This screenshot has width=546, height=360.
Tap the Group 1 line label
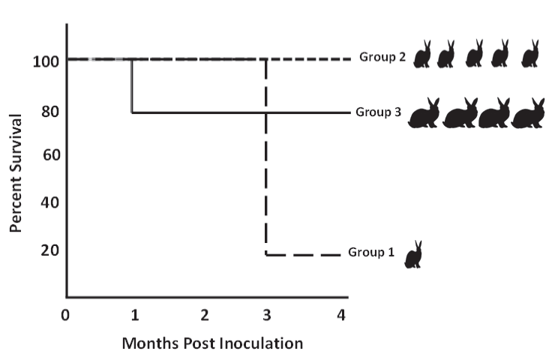(370, 252)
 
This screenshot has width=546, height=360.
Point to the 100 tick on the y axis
(42, 60)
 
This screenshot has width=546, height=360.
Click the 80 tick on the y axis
(46, 111)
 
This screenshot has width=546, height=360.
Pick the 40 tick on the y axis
(46, 202)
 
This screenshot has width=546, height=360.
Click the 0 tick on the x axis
(66, 315)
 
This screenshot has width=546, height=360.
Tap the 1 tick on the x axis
(133, 315)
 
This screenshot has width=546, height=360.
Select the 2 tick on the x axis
(204, 315)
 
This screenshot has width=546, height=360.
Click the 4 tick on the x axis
(341, 315)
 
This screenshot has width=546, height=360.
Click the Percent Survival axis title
(16, 172)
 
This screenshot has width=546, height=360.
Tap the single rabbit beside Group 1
(413, 254)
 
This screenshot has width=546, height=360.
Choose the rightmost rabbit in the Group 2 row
(529, 54)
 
